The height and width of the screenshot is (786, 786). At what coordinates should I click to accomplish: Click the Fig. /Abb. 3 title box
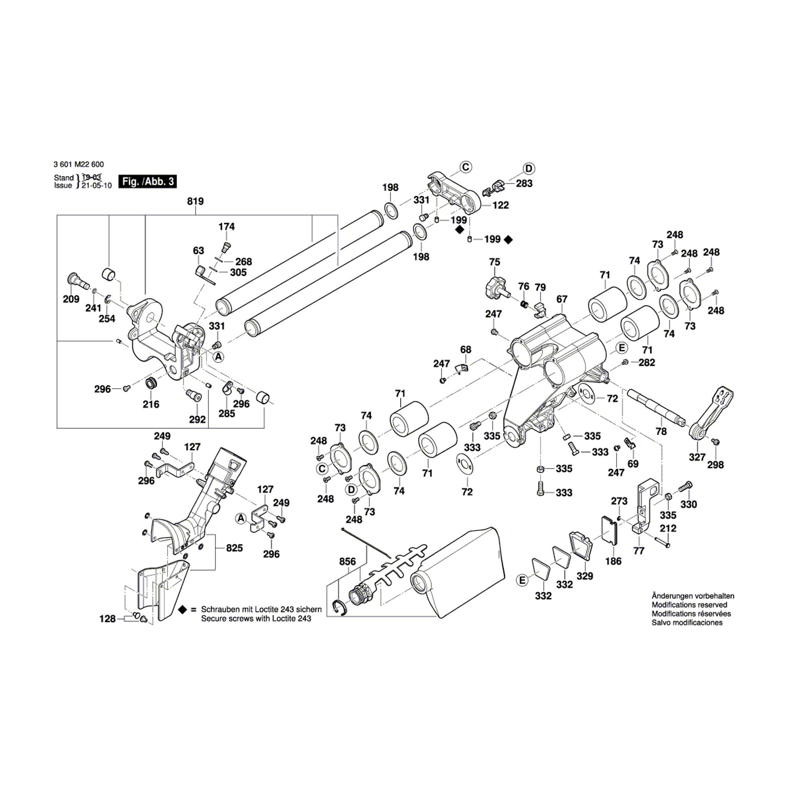click(x=147, y=182)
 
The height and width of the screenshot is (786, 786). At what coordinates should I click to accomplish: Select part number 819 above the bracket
click(x=195, y=201)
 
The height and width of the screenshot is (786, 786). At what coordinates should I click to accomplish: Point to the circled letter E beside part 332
click(x=522, y=580)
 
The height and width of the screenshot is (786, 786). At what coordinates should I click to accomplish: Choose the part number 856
click(x=347, y=562)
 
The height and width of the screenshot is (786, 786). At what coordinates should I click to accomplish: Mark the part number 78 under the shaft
click(x=661, y=431)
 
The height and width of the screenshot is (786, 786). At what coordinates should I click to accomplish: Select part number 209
click(x=71, y=299)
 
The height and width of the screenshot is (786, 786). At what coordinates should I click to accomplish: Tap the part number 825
click(x=234, y=547)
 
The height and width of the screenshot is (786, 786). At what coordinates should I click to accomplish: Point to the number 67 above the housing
click(x=562, y=299)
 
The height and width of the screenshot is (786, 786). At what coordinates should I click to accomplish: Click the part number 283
click(x=524, y=184)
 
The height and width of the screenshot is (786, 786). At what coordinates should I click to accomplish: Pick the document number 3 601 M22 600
click(x=78, y=164)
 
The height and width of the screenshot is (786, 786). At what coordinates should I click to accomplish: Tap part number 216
click(x=151, y=404)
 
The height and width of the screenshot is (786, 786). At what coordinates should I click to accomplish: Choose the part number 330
click(x=689, y=504)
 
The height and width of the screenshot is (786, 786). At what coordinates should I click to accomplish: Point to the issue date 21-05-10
click(x=96, y=185)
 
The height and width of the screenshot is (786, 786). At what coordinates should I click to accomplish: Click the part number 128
click(x=107, y=619)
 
